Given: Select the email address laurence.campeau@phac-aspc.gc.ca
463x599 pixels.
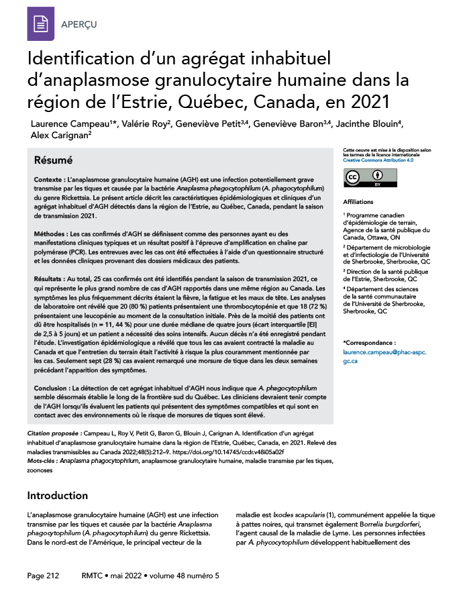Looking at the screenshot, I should [x=384, y=356].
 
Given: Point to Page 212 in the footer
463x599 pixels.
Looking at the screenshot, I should [x=44, y=576].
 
